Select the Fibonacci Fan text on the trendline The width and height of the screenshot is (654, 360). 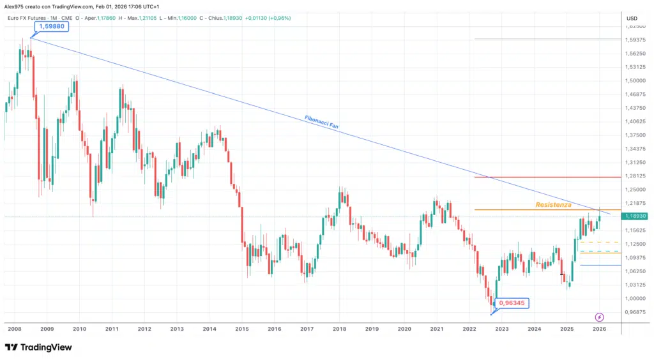point(321,122)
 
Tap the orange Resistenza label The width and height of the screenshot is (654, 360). point(553,205)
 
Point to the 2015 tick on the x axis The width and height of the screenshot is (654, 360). point(241,329)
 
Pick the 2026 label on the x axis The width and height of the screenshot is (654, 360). point(598,329)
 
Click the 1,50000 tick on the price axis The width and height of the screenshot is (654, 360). point(636,81)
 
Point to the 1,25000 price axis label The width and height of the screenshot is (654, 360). point(636,190)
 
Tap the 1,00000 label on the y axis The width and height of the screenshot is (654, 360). point(636,299)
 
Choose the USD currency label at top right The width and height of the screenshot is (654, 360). point(632,18)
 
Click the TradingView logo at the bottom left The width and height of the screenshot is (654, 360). point(38,347)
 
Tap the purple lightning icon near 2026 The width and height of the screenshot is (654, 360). point(599,317)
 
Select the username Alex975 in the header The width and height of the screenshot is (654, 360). point(17,5)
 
